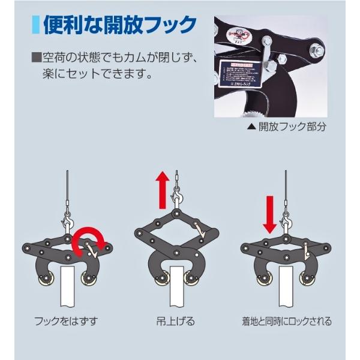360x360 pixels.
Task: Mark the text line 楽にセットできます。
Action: coord(97,76)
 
